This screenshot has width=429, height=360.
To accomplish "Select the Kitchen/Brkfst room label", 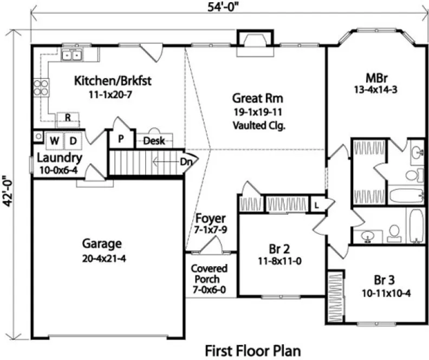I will (x=112, y=81).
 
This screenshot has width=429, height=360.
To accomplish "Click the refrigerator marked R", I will (x=69, y=118).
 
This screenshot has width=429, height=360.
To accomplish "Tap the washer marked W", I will (x=55, y=141).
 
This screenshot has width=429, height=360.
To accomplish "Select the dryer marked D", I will (x=73, y=141).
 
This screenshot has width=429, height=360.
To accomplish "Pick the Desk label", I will (x=154, y=141).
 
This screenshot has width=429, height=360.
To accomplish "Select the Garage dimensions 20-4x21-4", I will (x=102, y=258).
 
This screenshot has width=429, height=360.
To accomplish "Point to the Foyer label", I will (x=210, y=218).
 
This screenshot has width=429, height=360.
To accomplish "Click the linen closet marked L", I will (x=316, y=204).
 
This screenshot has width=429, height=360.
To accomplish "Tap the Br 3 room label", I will (x=383, y=280).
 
